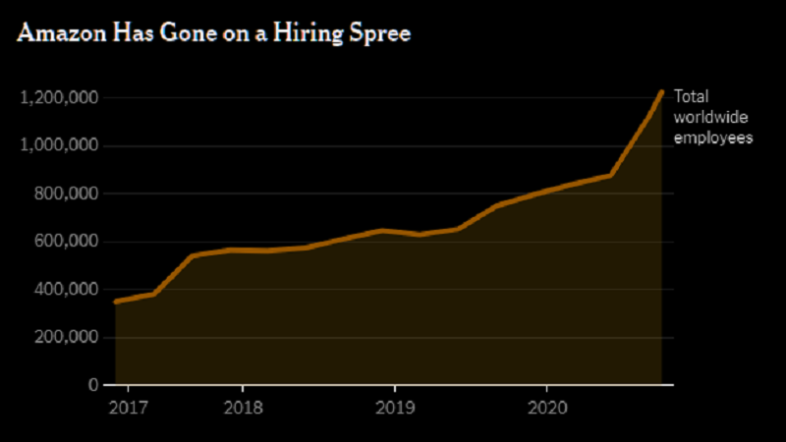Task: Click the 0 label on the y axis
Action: click(x=91, y=385)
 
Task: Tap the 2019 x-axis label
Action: click(x=394, y=405)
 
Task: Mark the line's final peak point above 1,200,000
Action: click(x=661, y=92)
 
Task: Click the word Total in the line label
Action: click(x=690, y=97)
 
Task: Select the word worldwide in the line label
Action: click(x=707, y=118)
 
